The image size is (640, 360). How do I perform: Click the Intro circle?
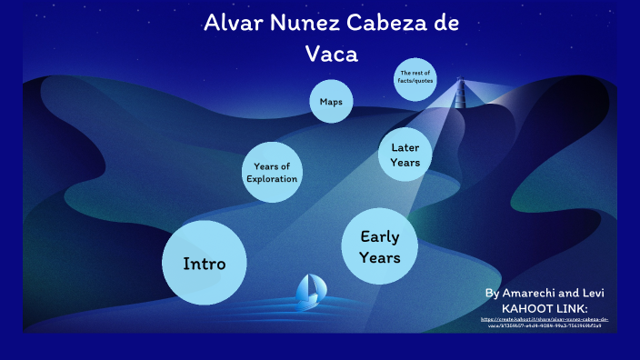tap(205, 263)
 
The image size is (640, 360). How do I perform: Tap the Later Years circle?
tap(405, 154)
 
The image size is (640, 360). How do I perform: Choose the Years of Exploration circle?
tap(272, 172)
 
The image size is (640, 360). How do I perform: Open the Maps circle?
tap(330, 101)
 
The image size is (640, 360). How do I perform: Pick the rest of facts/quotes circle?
tap(415, 77)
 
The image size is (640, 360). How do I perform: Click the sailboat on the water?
tap(309, 292)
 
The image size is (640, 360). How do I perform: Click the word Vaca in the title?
tap(332, 54)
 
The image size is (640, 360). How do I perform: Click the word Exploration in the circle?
tap(272, 179)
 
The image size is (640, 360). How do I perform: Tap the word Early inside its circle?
tap(380, 236)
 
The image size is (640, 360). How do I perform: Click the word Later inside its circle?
tap(405, 146)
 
